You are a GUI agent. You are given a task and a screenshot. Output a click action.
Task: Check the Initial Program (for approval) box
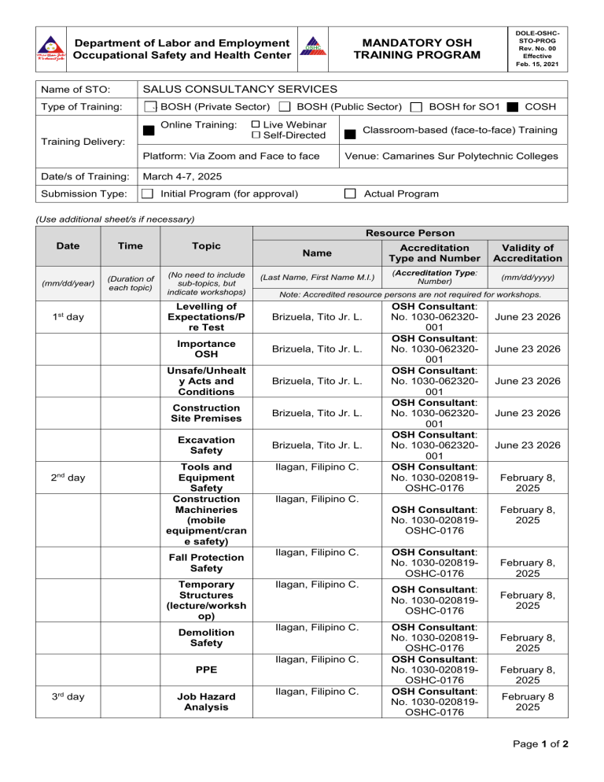[x=146, y=194]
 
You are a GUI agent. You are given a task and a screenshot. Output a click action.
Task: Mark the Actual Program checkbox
[x=352, y=194]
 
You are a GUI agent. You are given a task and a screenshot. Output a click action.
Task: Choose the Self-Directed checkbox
[x=256, y=137]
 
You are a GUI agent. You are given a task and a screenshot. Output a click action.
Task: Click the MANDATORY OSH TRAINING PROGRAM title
[x=416, y=48]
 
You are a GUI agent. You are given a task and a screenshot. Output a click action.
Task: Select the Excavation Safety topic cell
[x=205, y=445]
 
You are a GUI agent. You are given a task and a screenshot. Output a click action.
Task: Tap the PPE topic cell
[x=205, y=669]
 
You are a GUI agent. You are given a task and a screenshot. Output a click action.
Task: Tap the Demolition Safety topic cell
[x=205, y=637]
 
